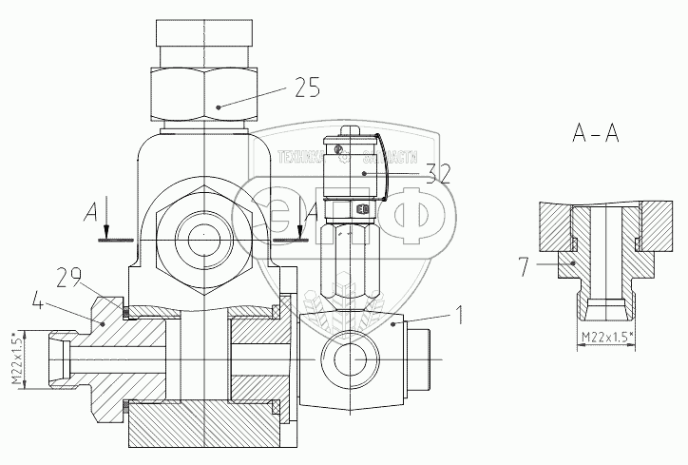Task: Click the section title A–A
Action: pos(596,134)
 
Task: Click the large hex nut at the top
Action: pos(203,92)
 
